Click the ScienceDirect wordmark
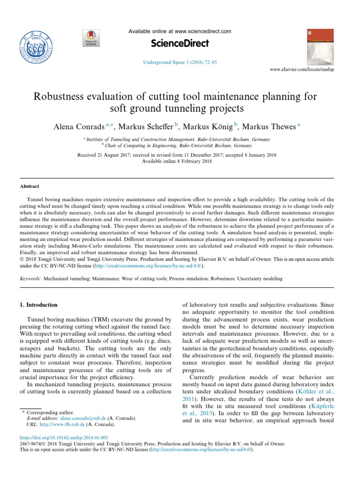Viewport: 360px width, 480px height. tap(180, 44)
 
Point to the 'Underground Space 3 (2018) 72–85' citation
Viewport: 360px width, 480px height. tap(180, 61)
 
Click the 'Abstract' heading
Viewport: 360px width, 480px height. tap(29, 186)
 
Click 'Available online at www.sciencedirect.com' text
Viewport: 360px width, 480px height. tap(180, 31)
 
